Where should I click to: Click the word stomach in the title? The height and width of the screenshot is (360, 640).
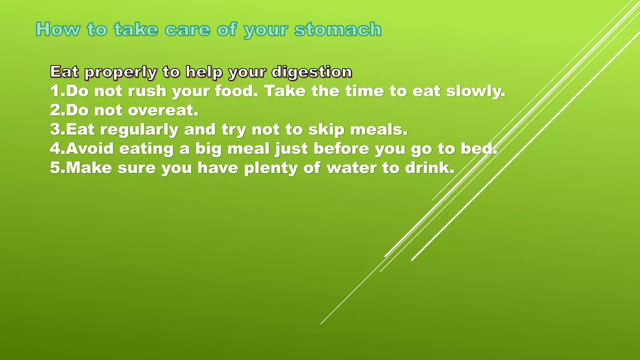[338, 30]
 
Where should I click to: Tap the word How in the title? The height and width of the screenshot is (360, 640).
[58, 30]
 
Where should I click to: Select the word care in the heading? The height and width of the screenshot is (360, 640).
[187, 30]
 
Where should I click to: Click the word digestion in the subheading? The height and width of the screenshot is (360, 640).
[312, 72]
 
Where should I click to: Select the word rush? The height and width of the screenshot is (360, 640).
[147, 91]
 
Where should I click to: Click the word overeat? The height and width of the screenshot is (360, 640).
[163, 110]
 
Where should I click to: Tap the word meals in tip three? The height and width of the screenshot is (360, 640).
[378, 129]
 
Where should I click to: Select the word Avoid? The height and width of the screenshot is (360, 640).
[89, 148]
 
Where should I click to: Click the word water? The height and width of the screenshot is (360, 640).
[352, 168]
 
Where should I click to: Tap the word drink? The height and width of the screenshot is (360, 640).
[429, 168]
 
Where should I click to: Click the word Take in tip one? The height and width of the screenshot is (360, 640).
[285, 91]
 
